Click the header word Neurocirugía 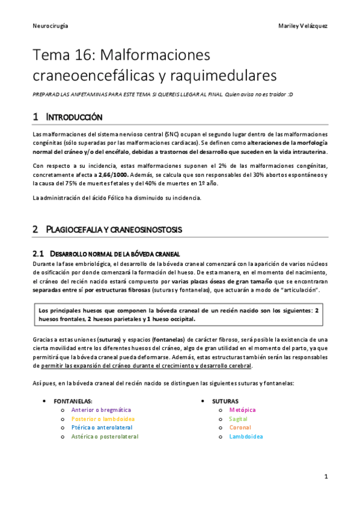pos(50,26)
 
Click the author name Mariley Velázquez pos(304,26)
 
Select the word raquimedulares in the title pos(207,76)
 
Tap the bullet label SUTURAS pos(225,401)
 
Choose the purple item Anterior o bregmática pos(101,410)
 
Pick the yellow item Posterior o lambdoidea pos(103,419)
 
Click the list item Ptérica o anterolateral pos(100,428)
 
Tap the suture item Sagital pos(238,419)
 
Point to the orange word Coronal pos(240,428)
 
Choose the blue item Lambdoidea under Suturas pos(246,437)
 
